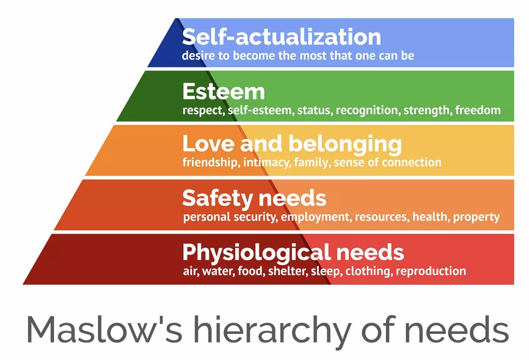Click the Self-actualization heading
click(282, 37)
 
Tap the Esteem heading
click(223, 91)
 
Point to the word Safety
click(215, 198)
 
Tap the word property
click(476, 217)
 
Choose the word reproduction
click(431, 271)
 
